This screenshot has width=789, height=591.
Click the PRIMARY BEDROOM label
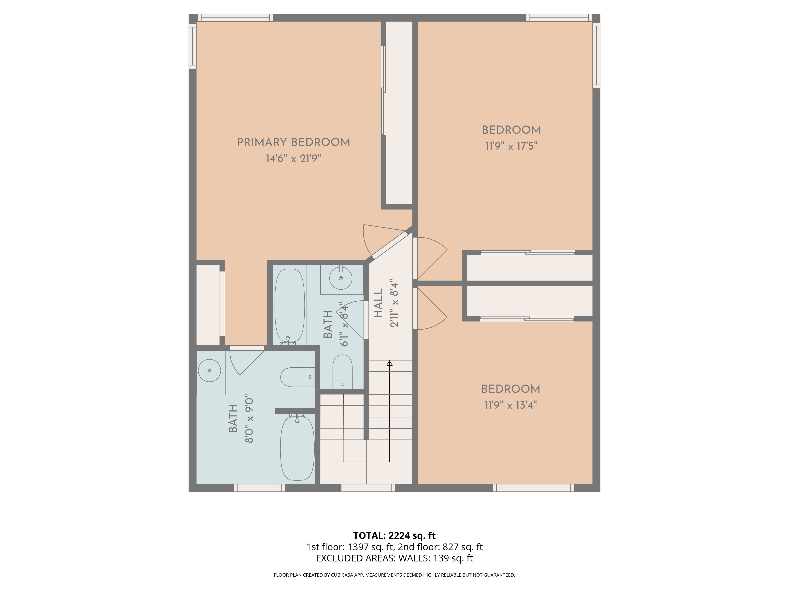(294, 142)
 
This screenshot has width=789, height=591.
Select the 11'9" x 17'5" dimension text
(511, 146)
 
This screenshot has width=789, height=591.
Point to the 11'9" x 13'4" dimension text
(510, 405)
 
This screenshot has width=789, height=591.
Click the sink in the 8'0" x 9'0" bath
(209, 371)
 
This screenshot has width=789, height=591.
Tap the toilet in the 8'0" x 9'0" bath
(297, 377)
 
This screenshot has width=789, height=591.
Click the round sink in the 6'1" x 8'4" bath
(341, 278)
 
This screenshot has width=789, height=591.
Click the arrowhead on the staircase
(390, 363)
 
